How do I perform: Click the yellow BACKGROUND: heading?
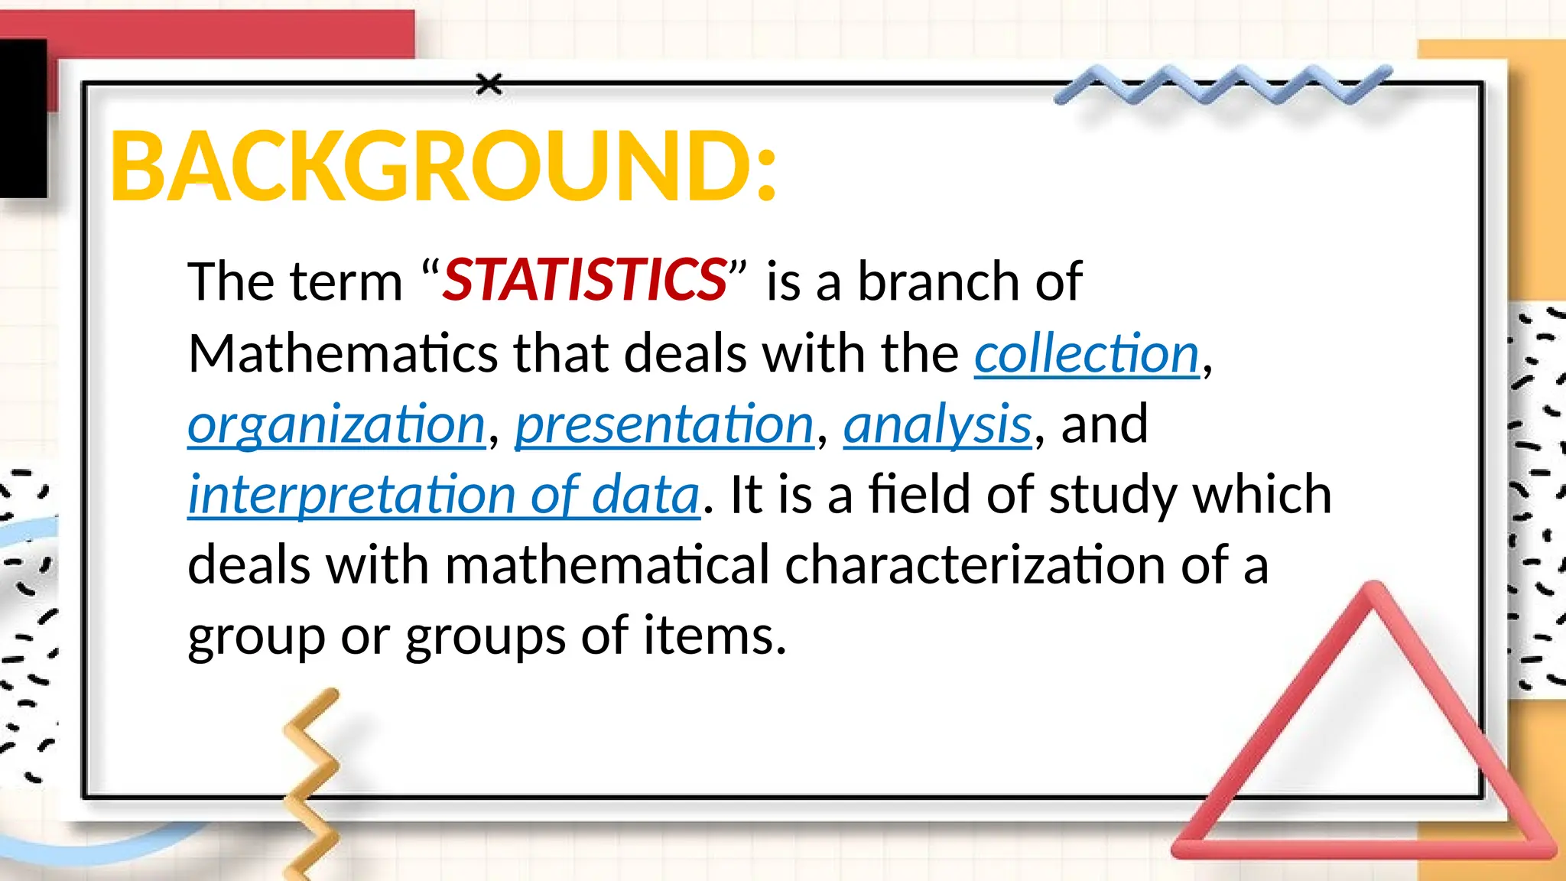[443, 167]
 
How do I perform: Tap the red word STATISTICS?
[585, 280]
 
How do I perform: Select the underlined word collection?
[1087, 354]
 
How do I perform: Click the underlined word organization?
[336, 424]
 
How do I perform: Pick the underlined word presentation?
[664, 424]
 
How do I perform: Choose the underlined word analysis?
[937, 424]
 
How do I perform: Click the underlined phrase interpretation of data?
[443, 495]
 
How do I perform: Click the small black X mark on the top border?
[489, 84]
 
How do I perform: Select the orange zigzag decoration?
[312, 780]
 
